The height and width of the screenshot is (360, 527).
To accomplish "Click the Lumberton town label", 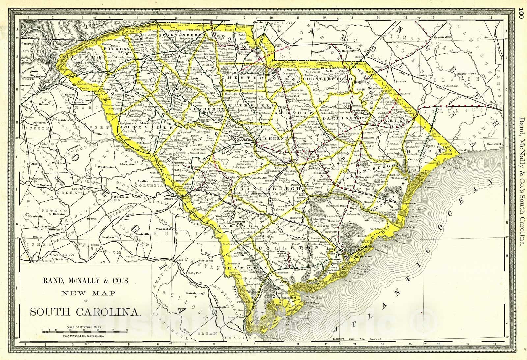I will tap(424, 75).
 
